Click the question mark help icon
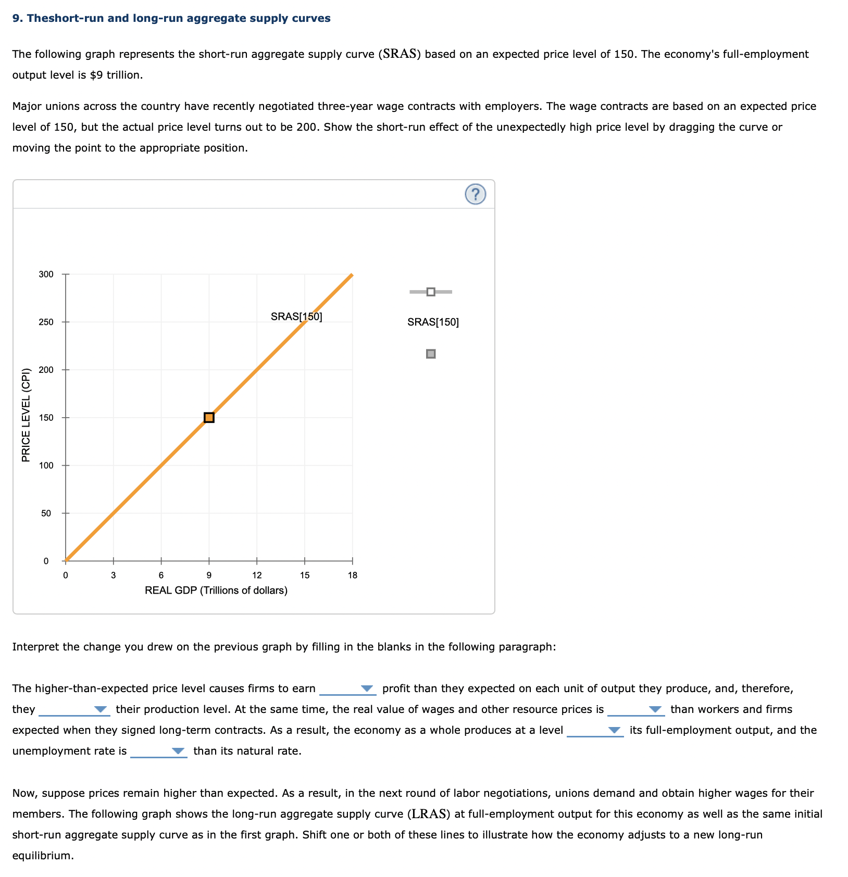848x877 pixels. [475, 194]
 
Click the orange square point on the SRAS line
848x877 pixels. [209, 418]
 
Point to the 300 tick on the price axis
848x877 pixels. [46, 274]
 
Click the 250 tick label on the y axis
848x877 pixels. [46, 322]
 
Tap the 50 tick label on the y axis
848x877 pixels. [46, 513]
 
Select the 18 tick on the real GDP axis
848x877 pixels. [353, 575]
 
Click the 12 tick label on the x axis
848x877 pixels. [257, 575]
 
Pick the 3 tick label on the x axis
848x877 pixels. [113, 575]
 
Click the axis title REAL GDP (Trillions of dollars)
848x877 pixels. [216, 591]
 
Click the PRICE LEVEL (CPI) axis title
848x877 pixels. [26, 415]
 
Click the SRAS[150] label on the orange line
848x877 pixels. [296, 317]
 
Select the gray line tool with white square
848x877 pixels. [431, 292]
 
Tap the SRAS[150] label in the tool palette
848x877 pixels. [433, 322]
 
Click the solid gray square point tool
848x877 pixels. [431, 354]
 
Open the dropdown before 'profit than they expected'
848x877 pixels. [347, 689]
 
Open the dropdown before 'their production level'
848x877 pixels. [73, 710]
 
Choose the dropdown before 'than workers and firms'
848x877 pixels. [635, 710]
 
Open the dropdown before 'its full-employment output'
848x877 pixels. [595, 731]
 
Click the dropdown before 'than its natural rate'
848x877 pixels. [158, 751]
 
